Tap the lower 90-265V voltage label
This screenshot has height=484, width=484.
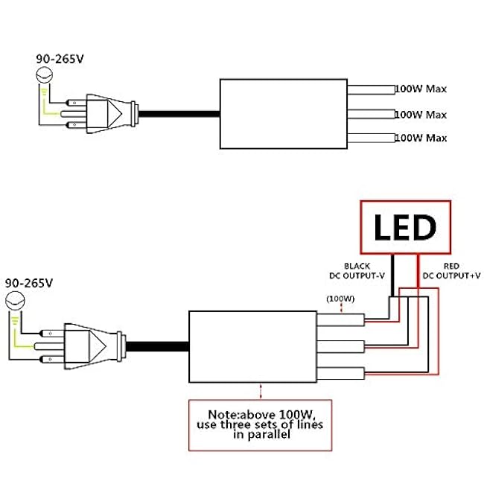(x=31, y=284)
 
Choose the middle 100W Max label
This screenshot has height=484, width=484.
(x=421, y=115)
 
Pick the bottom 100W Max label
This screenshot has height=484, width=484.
(x=421, y=138)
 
